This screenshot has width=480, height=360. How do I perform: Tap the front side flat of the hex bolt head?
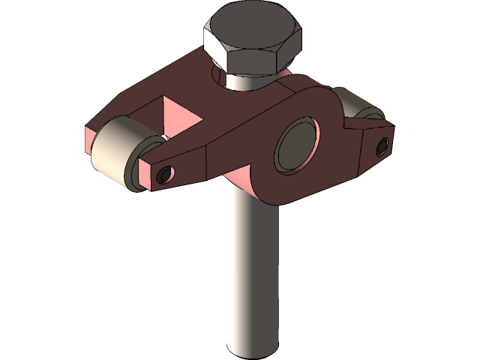coord(255,63)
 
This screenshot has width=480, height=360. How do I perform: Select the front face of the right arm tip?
coord(379,147)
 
